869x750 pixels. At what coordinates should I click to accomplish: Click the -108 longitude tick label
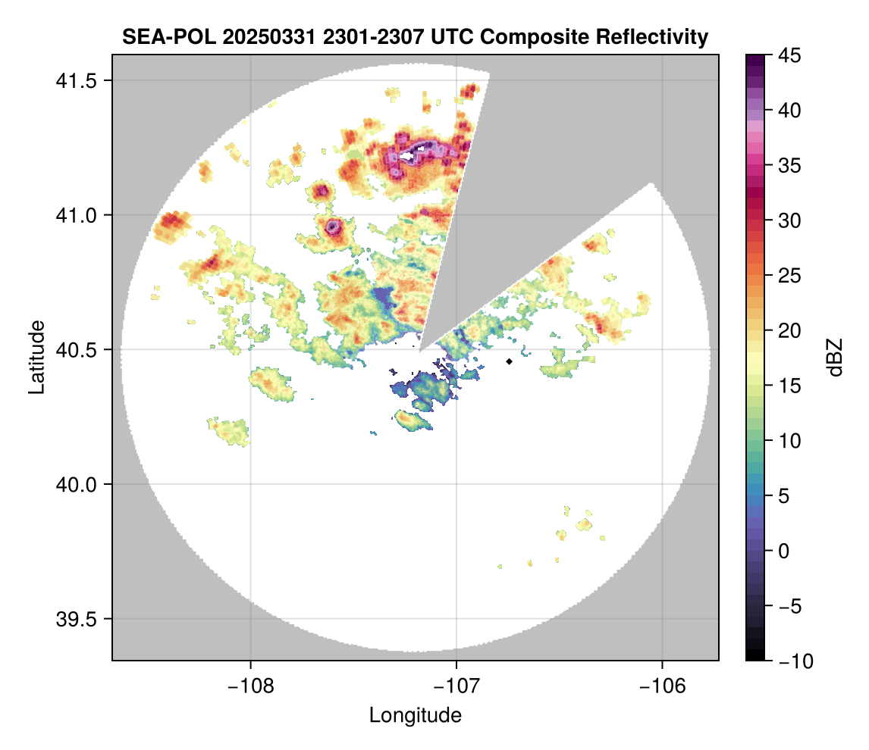(x=250, y=686)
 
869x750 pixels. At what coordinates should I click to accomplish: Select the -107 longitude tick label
(x=456, y=686)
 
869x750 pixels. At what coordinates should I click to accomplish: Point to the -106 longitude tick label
(x=663, y=686)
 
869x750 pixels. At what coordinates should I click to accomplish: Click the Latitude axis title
(x=36, y=357)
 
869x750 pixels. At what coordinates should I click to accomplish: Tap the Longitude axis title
(x=416, y=715)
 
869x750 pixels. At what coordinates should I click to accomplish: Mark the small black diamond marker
(x=510, y=361)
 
